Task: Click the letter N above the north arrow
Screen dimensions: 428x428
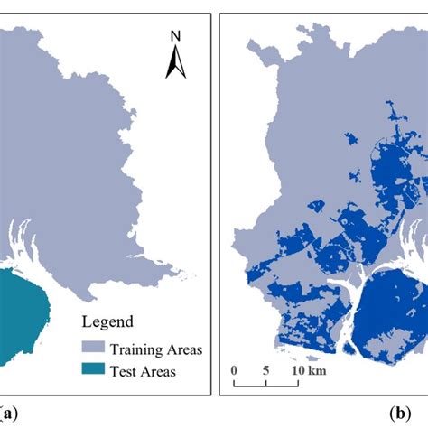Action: click(177, 37)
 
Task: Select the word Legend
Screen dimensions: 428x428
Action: click(109, 321)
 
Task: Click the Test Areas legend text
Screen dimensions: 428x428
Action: click(144, 370)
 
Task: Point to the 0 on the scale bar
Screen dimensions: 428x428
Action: click(234, 369)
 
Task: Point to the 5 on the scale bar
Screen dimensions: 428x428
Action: click(266, 369)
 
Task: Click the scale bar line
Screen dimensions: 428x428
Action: click(266, 384)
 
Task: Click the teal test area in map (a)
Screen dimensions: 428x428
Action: click(23, 307)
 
